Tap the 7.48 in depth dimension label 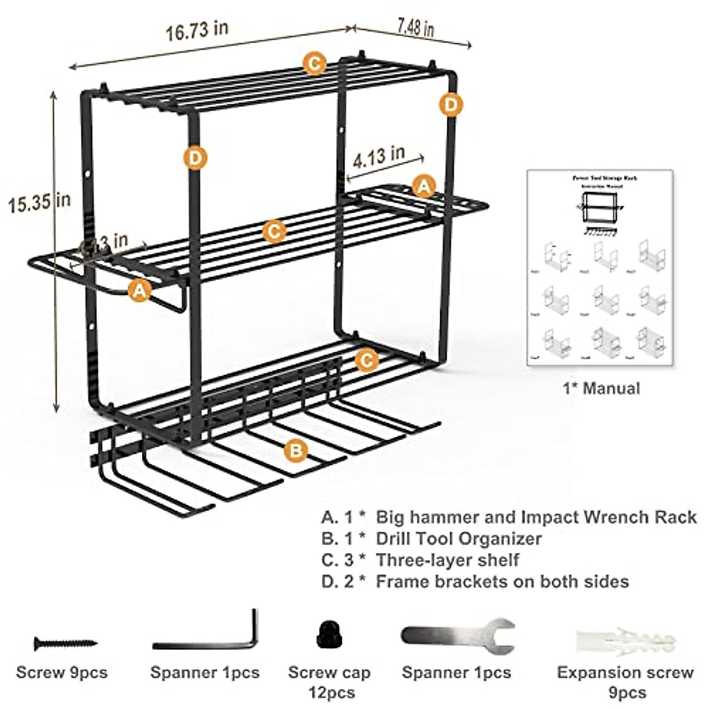[415, 27]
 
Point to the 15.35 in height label [39, 203]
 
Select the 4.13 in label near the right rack [379, 158]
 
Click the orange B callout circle [295, 451]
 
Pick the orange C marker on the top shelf [314, 63]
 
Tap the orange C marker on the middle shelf [273, 231]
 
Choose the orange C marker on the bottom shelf [367, 359]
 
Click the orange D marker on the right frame [450, 105]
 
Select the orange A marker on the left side [139, 290]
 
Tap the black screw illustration [65, 642]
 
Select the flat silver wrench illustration [457, 636]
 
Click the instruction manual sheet [599, 268]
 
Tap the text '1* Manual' [601, 388]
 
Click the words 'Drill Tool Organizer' [459, 538]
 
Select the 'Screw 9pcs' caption [62, 672]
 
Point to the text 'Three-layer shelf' [447, 560]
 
